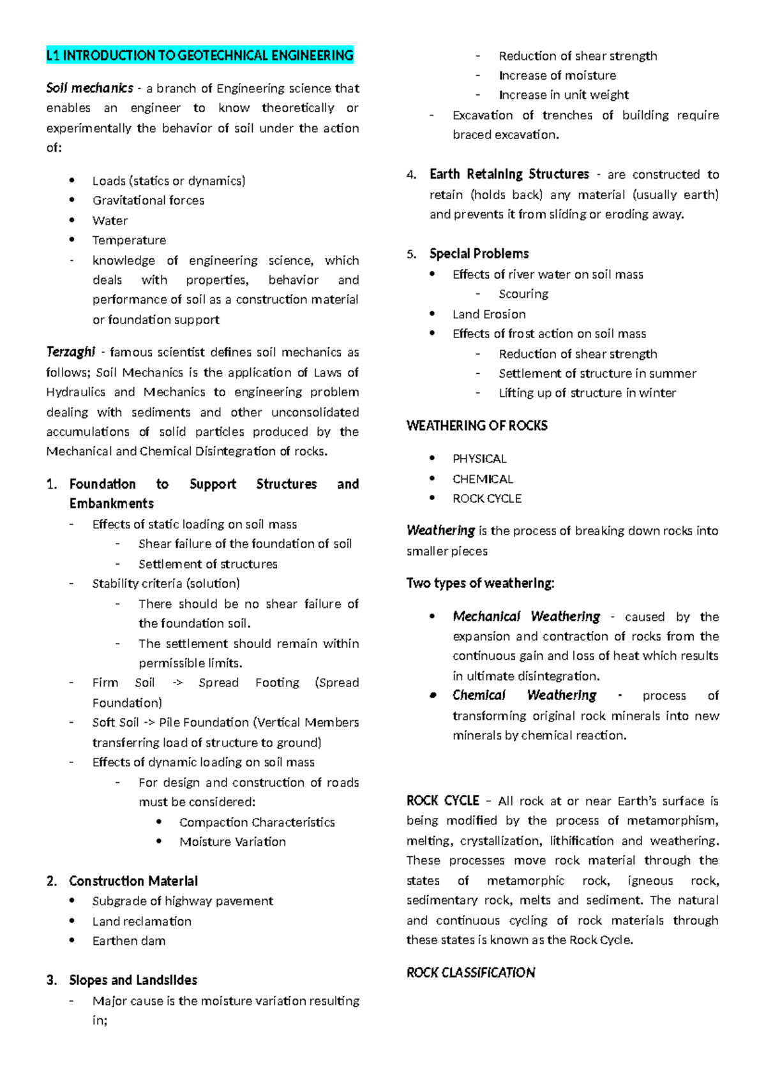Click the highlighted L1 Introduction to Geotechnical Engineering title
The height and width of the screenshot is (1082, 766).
click(200, 56)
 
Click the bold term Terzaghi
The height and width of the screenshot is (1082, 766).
click(71, 352)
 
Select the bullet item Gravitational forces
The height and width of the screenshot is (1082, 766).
click(148, 200)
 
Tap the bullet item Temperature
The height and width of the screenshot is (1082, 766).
click(129, 241)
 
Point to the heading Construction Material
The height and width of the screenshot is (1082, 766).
click(133, 881)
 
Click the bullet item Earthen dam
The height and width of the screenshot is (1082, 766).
click(129, 941)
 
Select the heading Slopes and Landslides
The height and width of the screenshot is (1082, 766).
click(133, 980)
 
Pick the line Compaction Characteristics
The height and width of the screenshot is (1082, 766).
click(257, 822)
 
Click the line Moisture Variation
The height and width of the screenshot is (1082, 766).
click(232, 842)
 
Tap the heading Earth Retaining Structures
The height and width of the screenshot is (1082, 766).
click(509, 174)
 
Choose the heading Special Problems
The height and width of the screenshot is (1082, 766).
click(479, 254)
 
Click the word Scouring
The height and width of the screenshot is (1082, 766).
click(523, 294)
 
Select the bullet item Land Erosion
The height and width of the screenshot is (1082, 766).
click(489, 315)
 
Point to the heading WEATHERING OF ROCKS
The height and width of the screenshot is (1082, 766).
click(477, 426)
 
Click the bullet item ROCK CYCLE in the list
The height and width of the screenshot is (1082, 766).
click(487, 499)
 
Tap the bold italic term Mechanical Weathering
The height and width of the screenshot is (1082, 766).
click(526, 617)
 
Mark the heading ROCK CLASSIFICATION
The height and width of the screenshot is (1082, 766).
click(470, 973)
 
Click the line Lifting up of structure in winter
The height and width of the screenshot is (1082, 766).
click(587, 393)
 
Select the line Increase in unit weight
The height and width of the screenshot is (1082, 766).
click(564, 95)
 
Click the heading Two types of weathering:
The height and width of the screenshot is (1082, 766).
click(480, 583)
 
